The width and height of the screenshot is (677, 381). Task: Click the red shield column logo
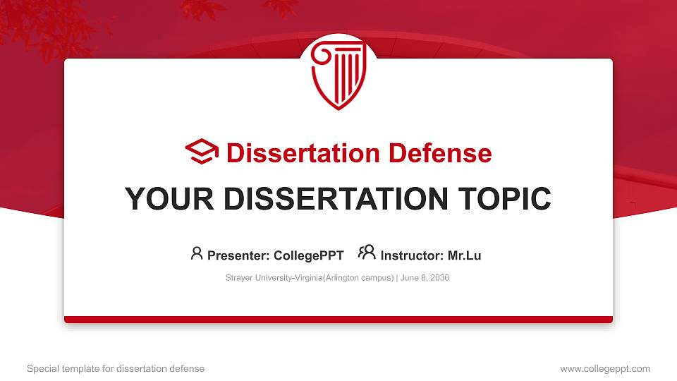(x=338, y=75)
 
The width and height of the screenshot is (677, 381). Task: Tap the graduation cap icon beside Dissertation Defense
(x=202, y=151)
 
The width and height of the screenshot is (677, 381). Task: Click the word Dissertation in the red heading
(x=303, y=153)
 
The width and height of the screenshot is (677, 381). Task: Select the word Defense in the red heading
(x=440, y=153)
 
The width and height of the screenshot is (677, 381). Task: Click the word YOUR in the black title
(x=169, y=199)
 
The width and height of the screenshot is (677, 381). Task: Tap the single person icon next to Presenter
(x=197, y=253)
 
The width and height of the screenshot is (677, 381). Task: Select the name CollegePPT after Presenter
(x=309, y=255)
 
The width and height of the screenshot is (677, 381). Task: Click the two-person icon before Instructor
(x=367, y=253)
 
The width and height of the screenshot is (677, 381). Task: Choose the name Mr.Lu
(x=464, y=255)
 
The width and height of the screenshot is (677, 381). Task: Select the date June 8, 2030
(x=425, y=278)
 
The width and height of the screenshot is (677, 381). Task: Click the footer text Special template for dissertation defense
(x=116, y=368)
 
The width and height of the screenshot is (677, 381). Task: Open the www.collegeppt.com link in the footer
(x=605, y=368)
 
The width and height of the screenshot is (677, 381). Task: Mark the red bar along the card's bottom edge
(x=338, y=320)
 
